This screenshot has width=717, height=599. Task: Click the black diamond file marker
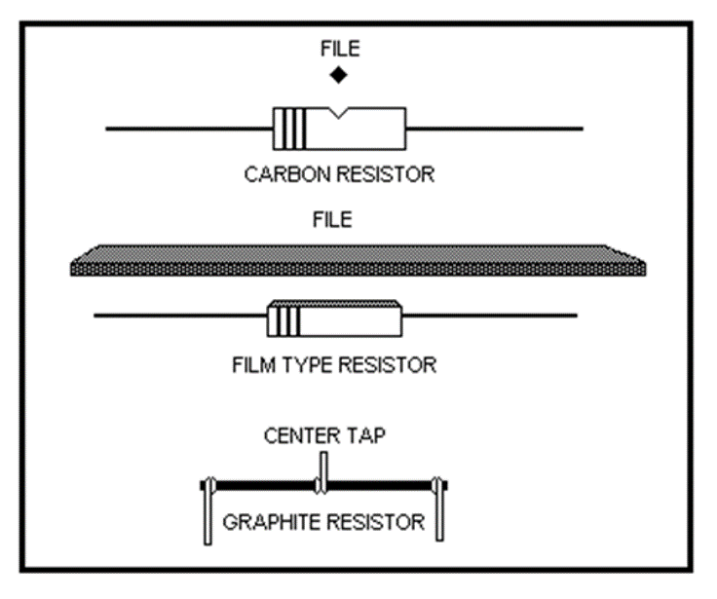(338, 75)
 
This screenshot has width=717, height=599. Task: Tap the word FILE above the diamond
(338, 47)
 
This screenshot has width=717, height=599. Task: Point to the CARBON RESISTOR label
(338, 175)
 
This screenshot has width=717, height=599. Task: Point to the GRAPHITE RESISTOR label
(323, 522)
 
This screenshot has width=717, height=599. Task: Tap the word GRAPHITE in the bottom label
(267, 522)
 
